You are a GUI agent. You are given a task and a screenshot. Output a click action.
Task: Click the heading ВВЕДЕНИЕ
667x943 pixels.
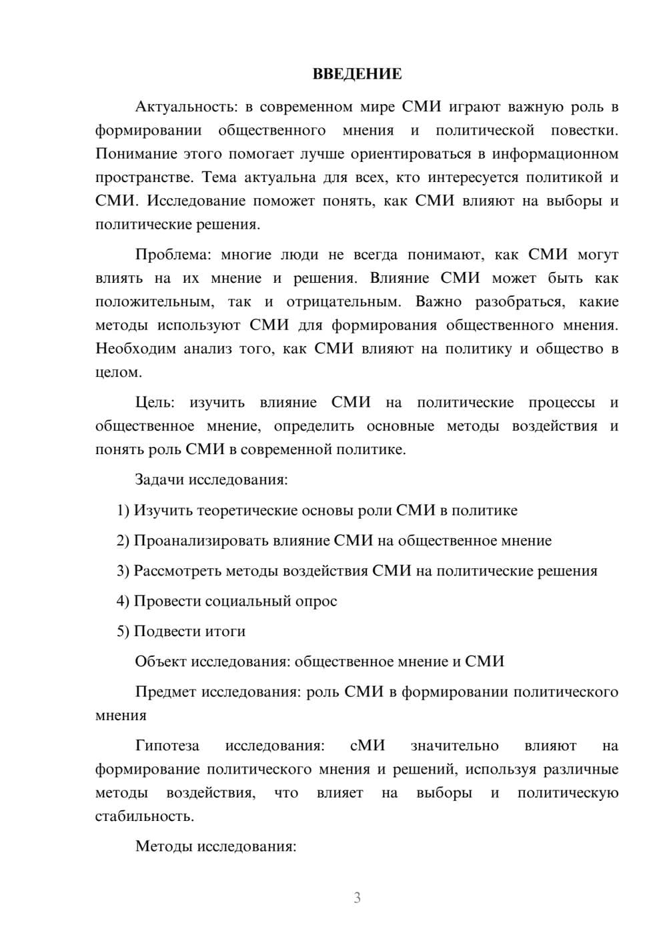pyautogui.click(x=357, y=74)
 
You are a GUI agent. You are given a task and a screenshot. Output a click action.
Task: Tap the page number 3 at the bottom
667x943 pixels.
pyautogui.click(x=357, y=898)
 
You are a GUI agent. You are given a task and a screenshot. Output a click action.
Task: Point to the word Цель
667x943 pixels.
pyautogui.click(x=154, y=403)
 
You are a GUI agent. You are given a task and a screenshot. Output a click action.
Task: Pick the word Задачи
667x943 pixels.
pyautogui.click(x=160, y=480)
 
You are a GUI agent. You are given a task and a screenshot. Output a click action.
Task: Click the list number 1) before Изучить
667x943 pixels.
pyautogui.click(x=123, y=511)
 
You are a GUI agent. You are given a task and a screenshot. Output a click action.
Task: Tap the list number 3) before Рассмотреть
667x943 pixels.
pyautogui.click(x=123, y=572)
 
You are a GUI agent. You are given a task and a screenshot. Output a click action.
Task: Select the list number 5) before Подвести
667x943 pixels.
pyautogui.click(x=123, y=632)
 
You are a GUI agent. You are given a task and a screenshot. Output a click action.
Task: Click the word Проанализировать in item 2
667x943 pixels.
pyautogui.click(x=201, y=541)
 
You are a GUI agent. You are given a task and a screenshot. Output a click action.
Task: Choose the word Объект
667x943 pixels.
pyautogui.click(x=161, y=662)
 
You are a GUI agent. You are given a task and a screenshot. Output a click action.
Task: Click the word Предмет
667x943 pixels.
pyautogui.click(x=165, y=692)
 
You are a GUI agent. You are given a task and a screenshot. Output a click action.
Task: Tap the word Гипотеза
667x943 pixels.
pyautogui.click(x=167, y=746)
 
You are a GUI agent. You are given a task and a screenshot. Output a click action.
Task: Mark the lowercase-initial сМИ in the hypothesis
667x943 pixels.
pyautogui.click(x=367, y=746)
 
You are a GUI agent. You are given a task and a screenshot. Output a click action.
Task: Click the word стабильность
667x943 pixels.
pyautogui.click(x=145, y=817)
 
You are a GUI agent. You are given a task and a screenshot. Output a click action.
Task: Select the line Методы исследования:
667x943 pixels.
pyautogui.click(x=215, y=847)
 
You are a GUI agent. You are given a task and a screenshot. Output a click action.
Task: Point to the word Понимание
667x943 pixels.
pyautogui.click(x=137, y=155)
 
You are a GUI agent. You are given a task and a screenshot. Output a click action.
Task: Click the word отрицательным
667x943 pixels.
pyautogui.click(x=344, y=302)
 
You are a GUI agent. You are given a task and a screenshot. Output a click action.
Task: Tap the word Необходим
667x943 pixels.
pyautogui.click(x=136, y=349)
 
